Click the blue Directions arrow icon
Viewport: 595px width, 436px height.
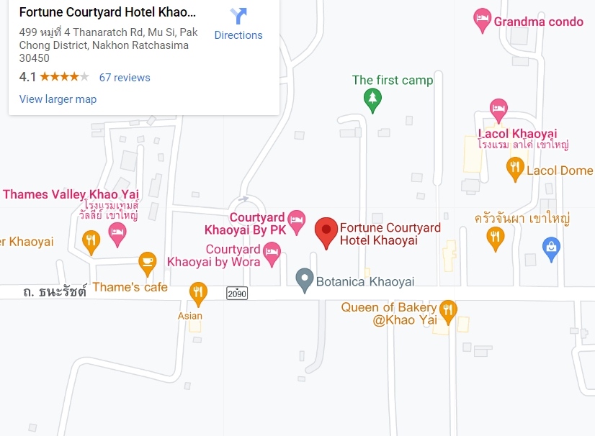click(238, 16)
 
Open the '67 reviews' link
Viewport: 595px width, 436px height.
click(125, 77)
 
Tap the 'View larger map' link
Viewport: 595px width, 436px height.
click(58, 99)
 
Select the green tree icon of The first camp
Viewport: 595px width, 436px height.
click(372, 99)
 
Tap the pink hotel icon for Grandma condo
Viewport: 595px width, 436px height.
click(482, 21)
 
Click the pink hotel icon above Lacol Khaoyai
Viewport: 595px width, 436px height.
click(498, 110)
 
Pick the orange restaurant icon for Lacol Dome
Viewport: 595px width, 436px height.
click(515, 168)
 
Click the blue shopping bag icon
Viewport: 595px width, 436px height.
click(552, 247)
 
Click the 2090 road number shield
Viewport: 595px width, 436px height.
click(236, 293)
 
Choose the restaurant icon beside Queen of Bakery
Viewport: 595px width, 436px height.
click(448, 310)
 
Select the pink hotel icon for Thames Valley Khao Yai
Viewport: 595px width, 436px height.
click(117, 231)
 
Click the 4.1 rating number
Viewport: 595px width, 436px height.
click(27, 77)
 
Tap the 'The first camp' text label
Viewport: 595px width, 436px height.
click(393, 80)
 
